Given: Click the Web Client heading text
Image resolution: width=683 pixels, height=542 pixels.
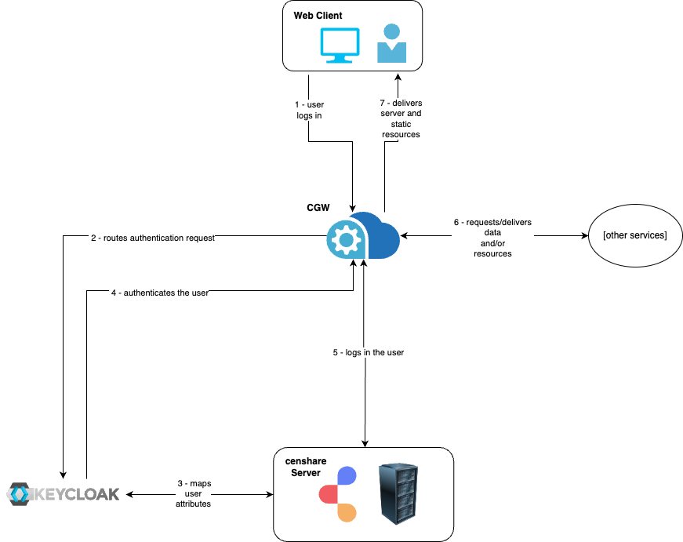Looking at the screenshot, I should point(318,16).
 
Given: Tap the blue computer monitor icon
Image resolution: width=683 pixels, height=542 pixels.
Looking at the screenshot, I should point(340,45).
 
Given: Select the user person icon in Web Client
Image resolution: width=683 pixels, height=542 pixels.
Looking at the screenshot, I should point(391,43).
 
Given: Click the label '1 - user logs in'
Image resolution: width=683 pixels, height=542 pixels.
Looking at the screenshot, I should point(309,110).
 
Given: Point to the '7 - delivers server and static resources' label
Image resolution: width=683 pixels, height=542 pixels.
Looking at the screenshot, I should point(401,118).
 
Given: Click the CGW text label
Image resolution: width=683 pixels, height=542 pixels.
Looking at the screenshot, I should point(318,208).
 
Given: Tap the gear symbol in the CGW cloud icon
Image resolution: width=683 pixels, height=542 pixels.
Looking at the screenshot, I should point(345,239).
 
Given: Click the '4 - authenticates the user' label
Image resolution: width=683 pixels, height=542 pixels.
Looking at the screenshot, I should point(159,293).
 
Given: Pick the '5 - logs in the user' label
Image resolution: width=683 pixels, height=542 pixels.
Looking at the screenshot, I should point(368,352).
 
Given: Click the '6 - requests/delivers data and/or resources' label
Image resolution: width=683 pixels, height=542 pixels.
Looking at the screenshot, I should point(492,238).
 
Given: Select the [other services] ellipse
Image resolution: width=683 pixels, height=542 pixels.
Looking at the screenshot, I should point(634,235).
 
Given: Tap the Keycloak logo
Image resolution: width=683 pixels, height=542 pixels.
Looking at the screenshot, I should point(64,494).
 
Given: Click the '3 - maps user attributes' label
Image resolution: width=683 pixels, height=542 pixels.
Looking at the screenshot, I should point(193,494).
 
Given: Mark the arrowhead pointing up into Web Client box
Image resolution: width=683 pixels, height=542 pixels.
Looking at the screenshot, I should point(398,78).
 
